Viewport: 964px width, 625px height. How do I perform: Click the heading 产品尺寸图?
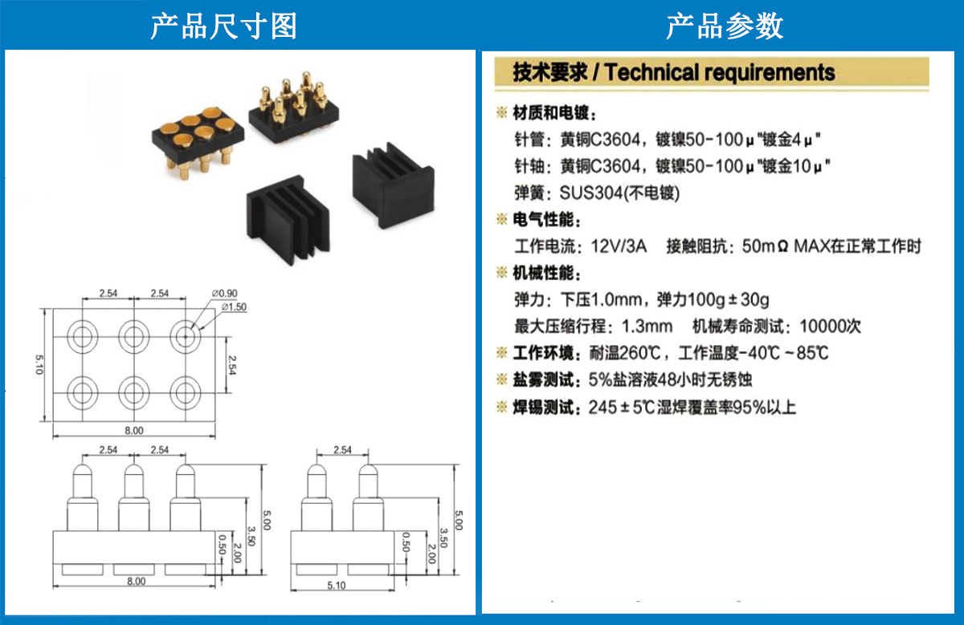click(223, 26)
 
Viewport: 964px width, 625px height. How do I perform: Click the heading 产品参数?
click(724, 26)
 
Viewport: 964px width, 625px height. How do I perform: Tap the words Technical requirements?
click(720, 72)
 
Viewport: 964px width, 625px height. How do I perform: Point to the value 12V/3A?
click(619, 246)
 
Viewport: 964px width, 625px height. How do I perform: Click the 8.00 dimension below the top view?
click(133, 431)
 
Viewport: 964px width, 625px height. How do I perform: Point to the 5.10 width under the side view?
click(337, 586)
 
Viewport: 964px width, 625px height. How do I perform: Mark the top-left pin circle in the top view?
click(81, 335)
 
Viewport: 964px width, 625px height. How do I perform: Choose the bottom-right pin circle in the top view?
click(185, 392)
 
